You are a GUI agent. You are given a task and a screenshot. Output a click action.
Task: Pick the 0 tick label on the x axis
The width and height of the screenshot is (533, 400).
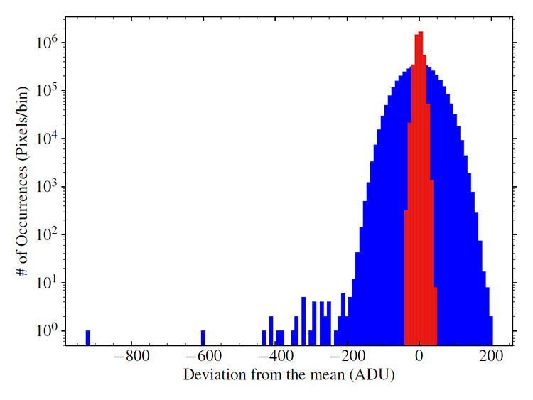pos(419,357)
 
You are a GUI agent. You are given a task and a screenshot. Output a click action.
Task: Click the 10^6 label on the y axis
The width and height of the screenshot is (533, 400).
pos(48,42)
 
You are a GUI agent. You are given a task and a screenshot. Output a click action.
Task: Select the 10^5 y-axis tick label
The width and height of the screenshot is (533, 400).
pos(48,90)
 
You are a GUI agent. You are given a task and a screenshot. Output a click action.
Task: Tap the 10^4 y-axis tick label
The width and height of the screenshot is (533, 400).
pos(48,139)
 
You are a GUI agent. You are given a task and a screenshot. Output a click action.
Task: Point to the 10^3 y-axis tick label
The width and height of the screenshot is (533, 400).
pos(48,187)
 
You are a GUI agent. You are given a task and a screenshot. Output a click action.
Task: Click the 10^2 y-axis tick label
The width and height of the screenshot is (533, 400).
pos(48,234)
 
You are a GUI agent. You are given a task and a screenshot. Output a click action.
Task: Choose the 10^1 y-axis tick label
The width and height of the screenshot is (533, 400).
pos(48,283)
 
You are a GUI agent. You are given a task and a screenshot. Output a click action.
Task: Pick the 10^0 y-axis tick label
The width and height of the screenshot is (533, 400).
pos(48,331)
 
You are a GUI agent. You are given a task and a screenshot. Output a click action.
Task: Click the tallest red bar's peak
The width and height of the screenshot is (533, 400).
pos(421,33)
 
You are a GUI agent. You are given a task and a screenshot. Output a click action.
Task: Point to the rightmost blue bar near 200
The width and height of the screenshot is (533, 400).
pos(490,331)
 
